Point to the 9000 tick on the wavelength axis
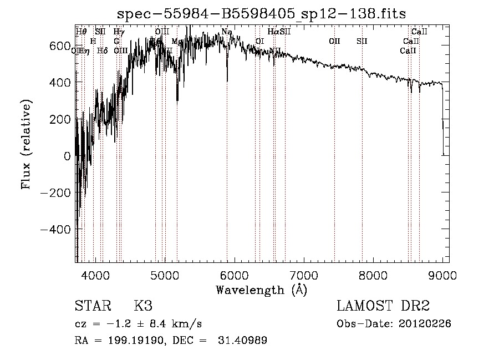(443, 275)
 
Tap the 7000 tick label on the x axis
(303, 275)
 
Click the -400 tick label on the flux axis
(55, 230)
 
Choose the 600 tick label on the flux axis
(59, 45)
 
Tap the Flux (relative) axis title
(27, 144)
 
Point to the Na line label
(227, 32)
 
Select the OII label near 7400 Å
(334, 41)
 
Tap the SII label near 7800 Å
(362, 41)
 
